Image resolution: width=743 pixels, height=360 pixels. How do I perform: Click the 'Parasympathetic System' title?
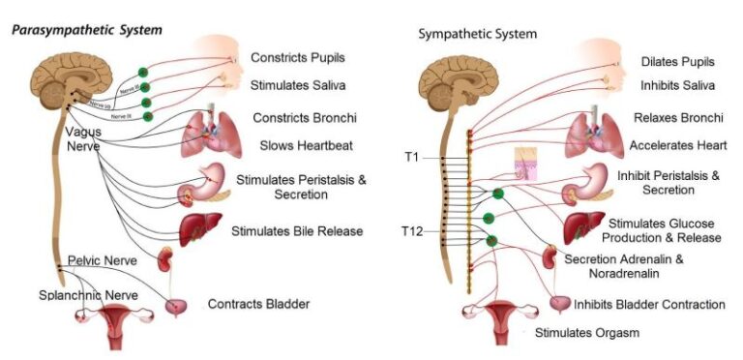point(86,30)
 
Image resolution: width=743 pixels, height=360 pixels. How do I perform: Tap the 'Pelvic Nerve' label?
point(102,261)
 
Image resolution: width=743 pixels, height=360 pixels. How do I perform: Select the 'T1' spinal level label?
point(412,156)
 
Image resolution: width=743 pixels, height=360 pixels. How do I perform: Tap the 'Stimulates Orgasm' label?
point(588,333)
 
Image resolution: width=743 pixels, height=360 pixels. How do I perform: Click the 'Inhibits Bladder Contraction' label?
point(649,304)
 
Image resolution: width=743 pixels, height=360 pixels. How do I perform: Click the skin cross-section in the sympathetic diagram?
point(530,163)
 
